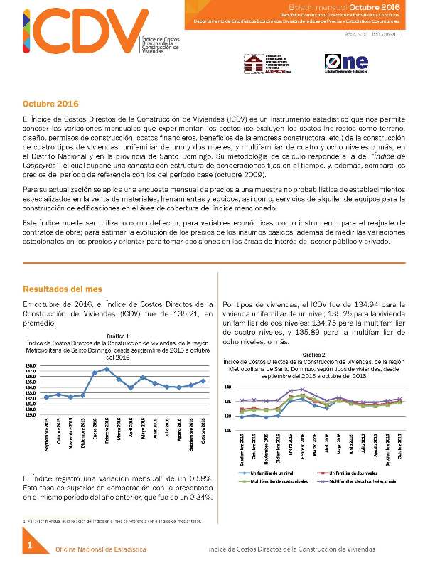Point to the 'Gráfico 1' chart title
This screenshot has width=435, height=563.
pos(118,334)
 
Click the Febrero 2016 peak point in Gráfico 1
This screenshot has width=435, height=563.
pos(107,369)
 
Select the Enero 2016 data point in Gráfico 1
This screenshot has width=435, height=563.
pos(95,372)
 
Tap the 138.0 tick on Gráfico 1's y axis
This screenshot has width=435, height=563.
pos(30,365)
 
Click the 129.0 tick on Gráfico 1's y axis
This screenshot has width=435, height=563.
pos(30,415)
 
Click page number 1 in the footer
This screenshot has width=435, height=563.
pos(31,545)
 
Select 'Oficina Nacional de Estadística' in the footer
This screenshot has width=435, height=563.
pos(101,549)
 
